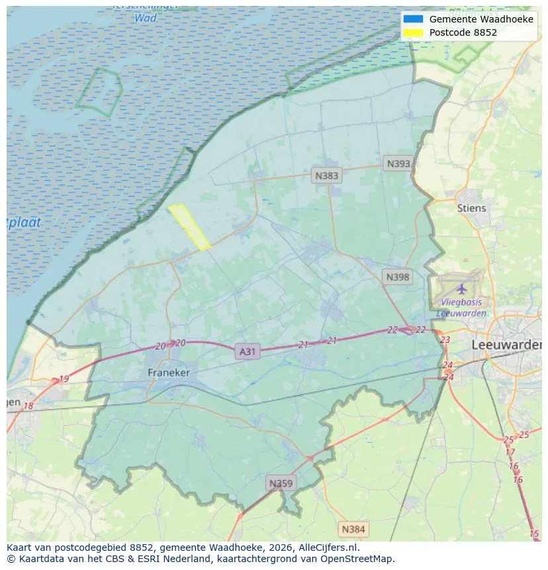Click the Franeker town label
[168, 373]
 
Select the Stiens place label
[471, 208]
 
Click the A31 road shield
[247, 352]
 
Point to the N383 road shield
[326, 175]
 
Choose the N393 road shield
[398, 164]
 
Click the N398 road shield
[397, 277]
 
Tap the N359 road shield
[279, 483]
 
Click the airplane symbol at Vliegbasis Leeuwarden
[461, 289]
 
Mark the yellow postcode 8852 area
[189, 226]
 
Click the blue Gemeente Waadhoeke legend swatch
[413, 19]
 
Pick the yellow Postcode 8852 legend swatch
[413, 32]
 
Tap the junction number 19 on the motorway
[64, 379]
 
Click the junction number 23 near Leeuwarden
[445, 340]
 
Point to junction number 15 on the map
[534, 534]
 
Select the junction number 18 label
[28, 406]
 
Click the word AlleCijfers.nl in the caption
[325, 547]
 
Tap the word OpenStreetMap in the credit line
[359, 559]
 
